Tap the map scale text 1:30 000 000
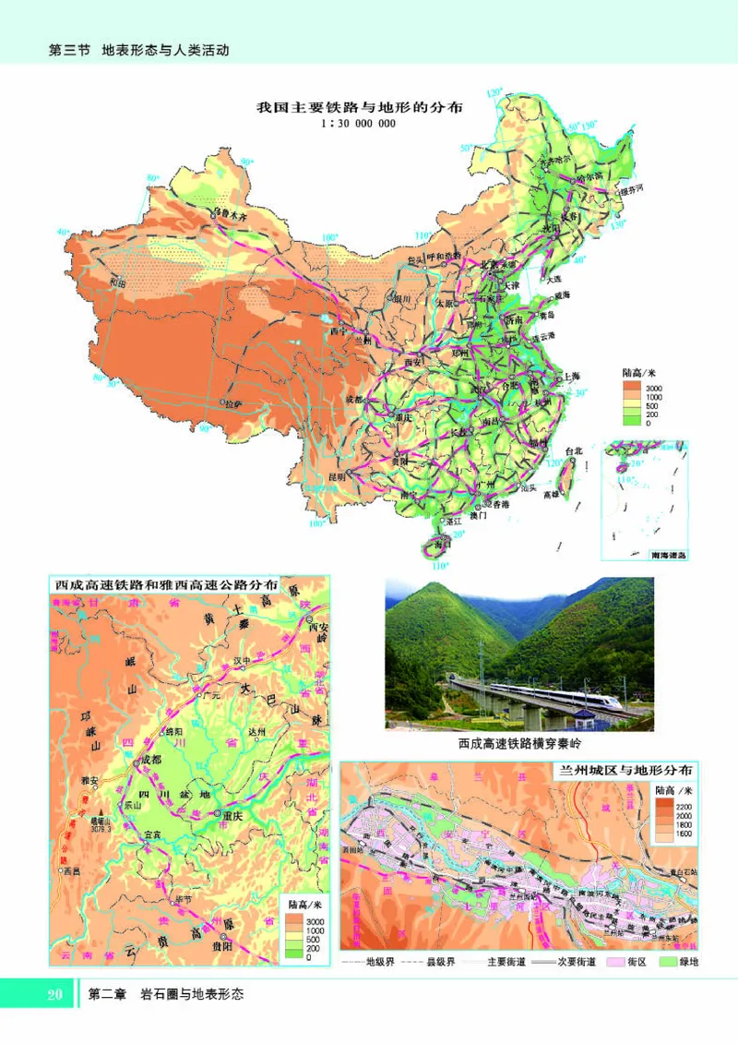click(359, 124)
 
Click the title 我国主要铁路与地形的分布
click(359, 107)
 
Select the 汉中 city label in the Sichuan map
click(218, 661)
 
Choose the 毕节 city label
click(173, 899)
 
